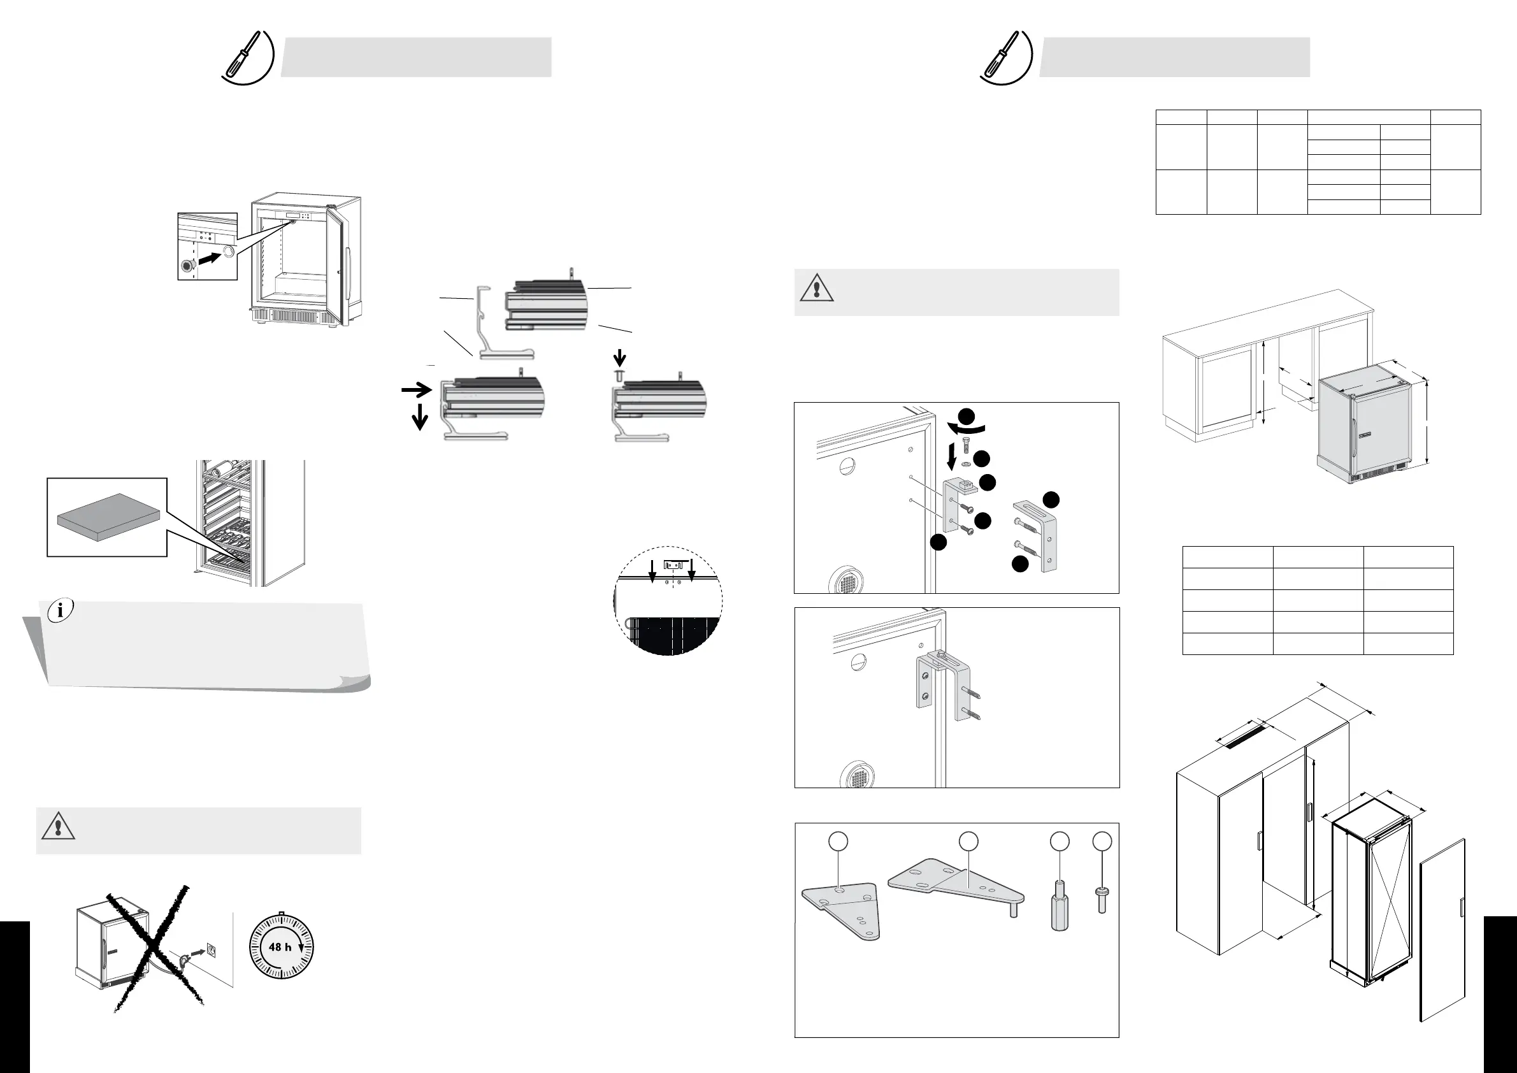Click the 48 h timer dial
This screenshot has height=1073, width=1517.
coord(282,947)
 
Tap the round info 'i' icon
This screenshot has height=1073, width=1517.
coord(61,610)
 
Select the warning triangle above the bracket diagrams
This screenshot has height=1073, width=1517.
coord(817,289)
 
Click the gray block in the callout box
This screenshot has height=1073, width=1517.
coord(109,517)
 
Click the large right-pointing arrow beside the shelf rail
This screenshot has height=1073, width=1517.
coord(416,391)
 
